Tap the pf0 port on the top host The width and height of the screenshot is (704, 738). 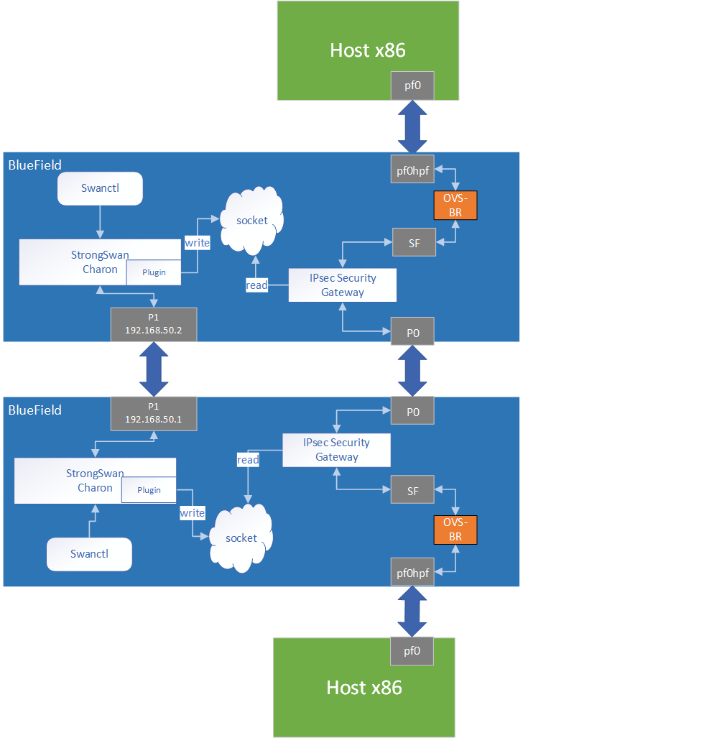click(x=412, y=86)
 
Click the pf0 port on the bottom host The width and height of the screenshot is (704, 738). click(x=412, y=651)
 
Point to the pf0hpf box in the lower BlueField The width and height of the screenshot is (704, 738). click(x=412, y=572)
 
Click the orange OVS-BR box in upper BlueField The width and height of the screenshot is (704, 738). click(x=455, y=206)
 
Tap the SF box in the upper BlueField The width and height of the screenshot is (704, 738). click(x=413, y=243)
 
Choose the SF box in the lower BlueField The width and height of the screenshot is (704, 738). click(x=412, y=491)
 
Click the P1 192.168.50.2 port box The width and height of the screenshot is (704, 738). click(x=154, y=324)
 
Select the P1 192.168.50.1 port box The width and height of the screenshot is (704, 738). click(x=154, y=413)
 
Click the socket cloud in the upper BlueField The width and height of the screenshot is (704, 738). click(x=251, y=221)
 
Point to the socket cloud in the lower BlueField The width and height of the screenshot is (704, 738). click(x=241, y=538)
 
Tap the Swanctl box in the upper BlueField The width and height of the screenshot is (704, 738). click(x=101, y=188)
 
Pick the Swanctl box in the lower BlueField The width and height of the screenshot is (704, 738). click(x=89, y=554)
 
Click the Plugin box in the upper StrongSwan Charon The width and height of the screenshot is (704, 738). click(x=154, y=273)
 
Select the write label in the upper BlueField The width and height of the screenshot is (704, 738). click(x=197, y=243)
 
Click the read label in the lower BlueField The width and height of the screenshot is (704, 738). click(x=248, y=460)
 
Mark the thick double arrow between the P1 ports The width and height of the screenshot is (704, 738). click(x=154, y=369)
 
